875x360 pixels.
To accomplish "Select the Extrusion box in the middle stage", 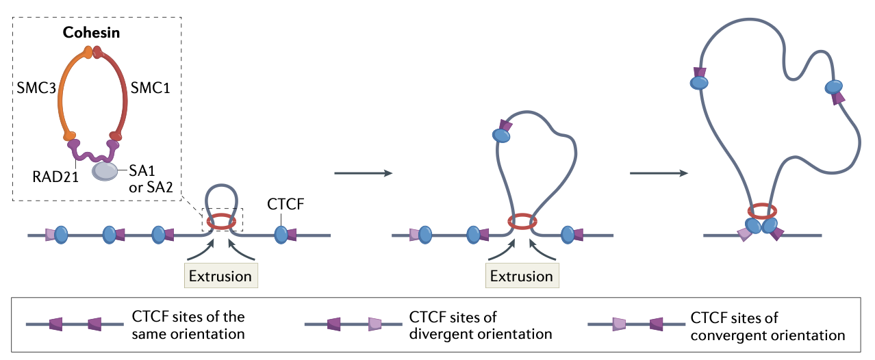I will pos(522,276).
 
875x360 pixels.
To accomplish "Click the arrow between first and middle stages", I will pos(363,173).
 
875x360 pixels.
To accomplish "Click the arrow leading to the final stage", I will pos(658,173).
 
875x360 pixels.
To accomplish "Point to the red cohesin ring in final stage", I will pos(761,210).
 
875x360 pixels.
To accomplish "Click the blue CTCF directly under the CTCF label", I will pos(281,235).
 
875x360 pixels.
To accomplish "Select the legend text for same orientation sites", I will pos(188,326).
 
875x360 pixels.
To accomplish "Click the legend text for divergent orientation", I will pos(480,326).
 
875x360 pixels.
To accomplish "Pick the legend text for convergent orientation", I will pos(768,326).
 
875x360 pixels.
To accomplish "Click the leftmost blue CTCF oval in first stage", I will pos(61,235).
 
